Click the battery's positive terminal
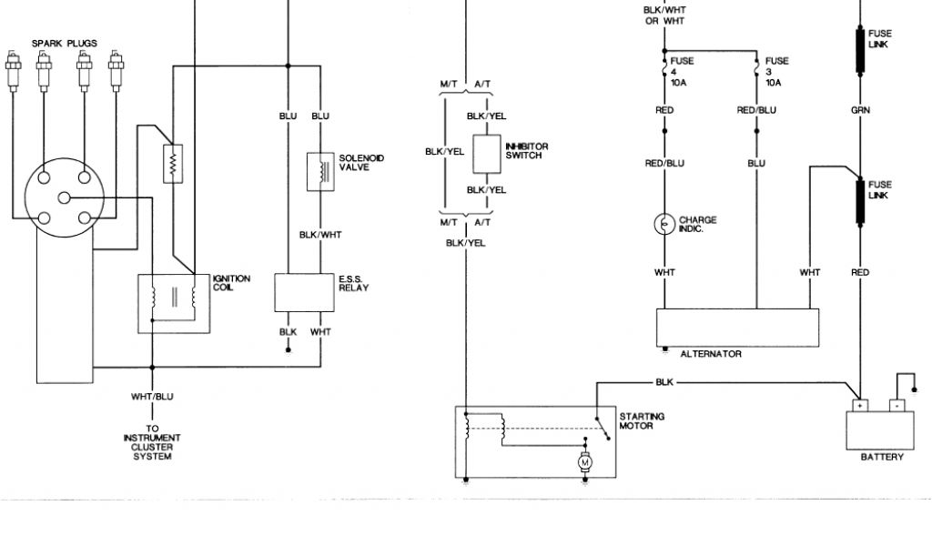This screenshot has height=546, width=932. [x=858, y=405]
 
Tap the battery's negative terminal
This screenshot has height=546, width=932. [x=897, y=405]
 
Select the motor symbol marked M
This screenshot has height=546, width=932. [x=584, y=462]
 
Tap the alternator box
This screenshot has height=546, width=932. [x=737, y=327]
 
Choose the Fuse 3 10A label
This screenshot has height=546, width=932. [x=775, y=71]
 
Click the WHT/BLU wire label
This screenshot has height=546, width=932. [x=152, y=396]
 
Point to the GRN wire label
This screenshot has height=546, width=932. [x=860, y=110]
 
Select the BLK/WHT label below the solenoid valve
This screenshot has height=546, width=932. [x=319, y=234]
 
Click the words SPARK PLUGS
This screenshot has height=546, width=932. [x=64, y=43]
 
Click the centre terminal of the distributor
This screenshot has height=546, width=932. [x=64, y=197]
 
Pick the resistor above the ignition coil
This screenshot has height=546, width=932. [x=169, y=162]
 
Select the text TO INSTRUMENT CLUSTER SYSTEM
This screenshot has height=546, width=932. [x=152, y=441]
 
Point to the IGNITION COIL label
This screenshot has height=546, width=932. [x=230, y=283]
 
